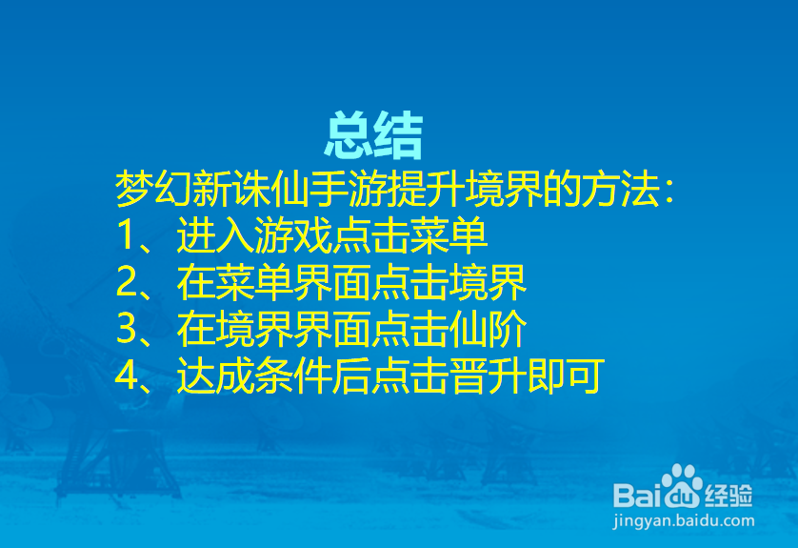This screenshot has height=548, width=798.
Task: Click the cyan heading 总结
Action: point(374,136)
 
